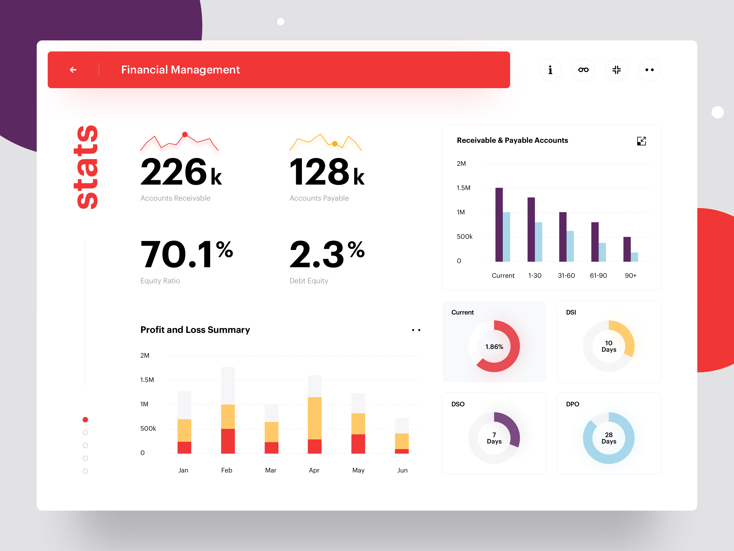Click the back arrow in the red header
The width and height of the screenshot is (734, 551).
click(x=73, y=70)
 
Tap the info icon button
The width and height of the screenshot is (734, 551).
click(x=550, y=70)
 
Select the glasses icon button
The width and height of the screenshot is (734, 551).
click(x=583, y=70)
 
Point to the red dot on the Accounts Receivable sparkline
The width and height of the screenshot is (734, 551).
click(x=185, y=135)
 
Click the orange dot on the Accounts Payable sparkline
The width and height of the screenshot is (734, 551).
click(x=335, y=144)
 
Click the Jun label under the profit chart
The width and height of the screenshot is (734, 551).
click(x=402, y=470)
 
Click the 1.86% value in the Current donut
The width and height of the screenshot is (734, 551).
click(x=494, y=347)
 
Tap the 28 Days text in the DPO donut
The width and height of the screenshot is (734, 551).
click(x=609, y=438)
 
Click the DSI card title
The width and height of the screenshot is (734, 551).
click(x=571, y=312)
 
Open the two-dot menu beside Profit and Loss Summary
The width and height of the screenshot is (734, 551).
click(x=416, y=330)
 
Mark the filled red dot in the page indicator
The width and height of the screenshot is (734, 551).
click(x=85, y=419)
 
